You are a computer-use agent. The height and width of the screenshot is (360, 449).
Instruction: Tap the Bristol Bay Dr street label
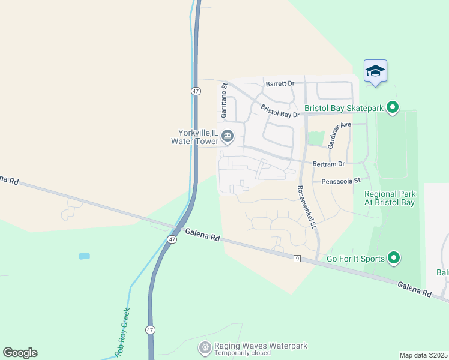click(280, 110)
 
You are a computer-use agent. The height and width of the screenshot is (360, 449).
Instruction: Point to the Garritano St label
click(224, 100)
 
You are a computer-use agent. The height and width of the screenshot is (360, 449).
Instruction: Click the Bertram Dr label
click(329, 164)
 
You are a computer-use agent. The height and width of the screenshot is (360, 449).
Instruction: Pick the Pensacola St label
click(340, 180)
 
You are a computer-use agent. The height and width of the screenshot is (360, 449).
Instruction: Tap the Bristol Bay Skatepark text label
click(344, 108)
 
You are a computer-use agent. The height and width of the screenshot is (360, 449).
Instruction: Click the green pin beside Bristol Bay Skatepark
click(393, 108)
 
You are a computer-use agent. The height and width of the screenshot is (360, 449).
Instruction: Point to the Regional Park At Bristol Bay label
click(390, 198)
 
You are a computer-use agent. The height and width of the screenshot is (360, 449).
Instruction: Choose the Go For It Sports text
click(355, 259)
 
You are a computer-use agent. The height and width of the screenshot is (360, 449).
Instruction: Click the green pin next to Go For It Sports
click(394, 258)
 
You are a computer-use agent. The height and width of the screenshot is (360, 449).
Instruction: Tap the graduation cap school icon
click(376, 71)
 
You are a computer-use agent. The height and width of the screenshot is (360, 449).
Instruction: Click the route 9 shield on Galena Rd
click(297, 259)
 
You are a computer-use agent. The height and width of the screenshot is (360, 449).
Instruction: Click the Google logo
click(20, 353)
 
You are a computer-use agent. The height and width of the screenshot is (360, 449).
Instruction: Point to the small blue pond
click(84, 256)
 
